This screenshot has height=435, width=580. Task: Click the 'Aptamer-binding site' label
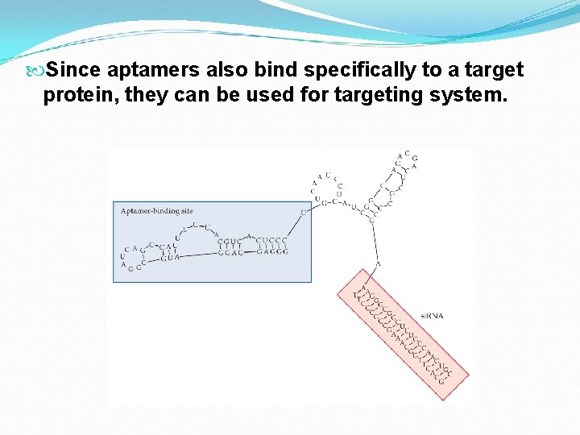point(156,211)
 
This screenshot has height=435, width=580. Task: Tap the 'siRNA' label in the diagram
point(432,316)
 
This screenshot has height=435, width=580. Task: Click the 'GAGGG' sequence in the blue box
point(271,252)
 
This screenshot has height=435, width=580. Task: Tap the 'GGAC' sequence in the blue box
point(231,252)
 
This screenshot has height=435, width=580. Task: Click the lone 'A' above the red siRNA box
point(378,264)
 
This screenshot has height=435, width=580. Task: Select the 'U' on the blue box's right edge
point(304,213)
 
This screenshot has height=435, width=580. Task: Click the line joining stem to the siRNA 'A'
point(375,242)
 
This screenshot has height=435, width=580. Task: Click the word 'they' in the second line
point(151,95)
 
